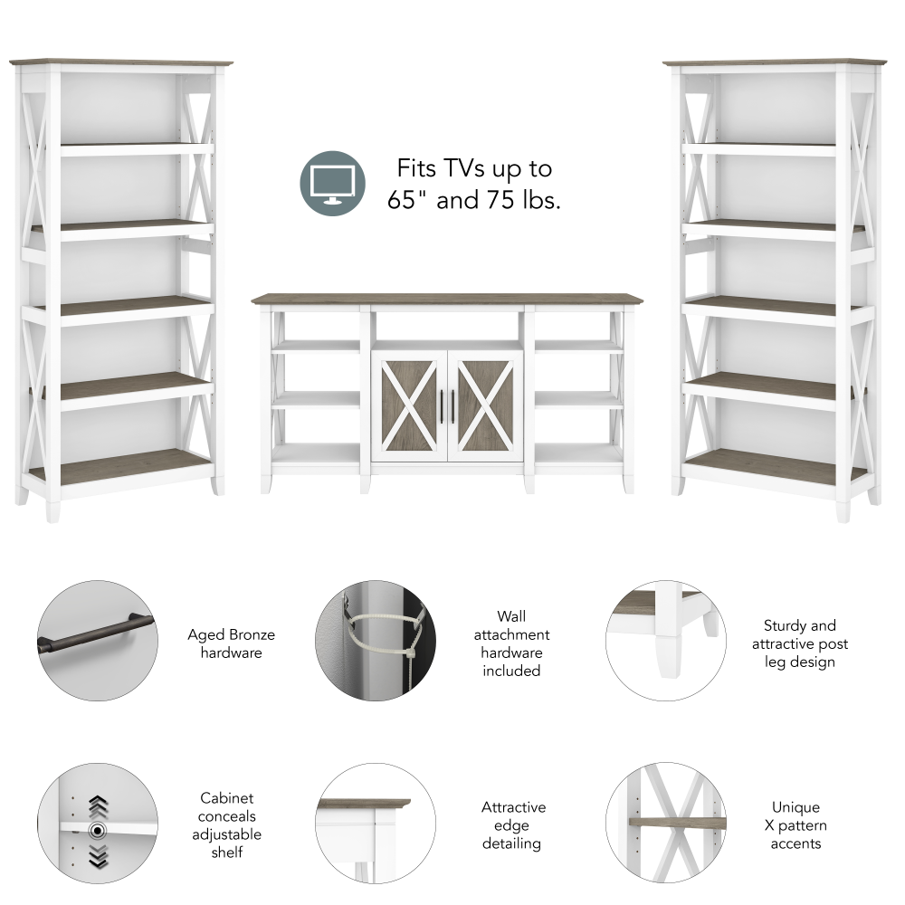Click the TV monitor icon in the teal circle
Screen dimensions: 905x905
point(333,184)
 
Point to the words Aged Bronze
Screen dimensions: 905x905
point(231,635)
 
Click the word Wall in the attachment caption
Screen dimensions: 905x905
point(511,616)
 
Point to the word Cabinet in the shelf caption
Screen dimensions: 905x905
point(226,798)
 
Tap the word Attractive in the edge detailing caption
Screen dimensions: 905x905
point(513,807)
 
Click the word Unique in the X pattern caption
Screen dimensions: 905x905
point(796,807)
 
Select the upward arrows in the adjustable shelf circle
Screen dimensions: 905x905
point(98,805)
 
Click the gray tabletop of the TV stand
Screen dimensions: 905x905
point(447,299)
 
